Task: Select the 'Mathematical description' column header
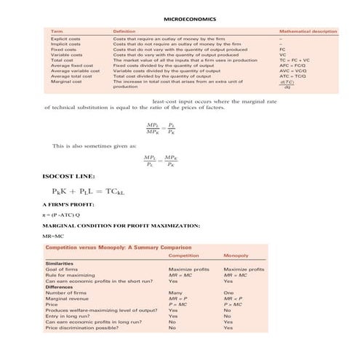click(x=308, y=32)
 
